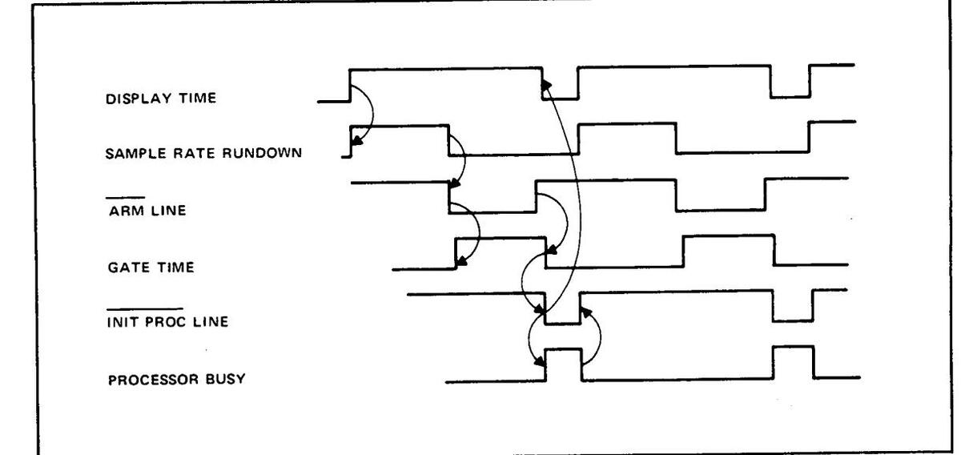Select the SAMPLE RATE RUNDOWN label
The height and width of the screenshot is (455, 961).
click(x=203, y=155)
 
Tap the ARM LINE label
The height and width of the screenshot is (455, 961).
click(x=148, y=211)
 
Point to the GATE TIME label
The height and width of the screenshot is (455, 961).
click(x=150, y=268)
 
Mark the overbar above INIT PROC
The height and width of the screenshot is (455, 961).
click(x=144, y=308)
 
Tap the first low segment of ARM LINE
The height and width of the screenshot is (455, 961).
click(x=492, y=212)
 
